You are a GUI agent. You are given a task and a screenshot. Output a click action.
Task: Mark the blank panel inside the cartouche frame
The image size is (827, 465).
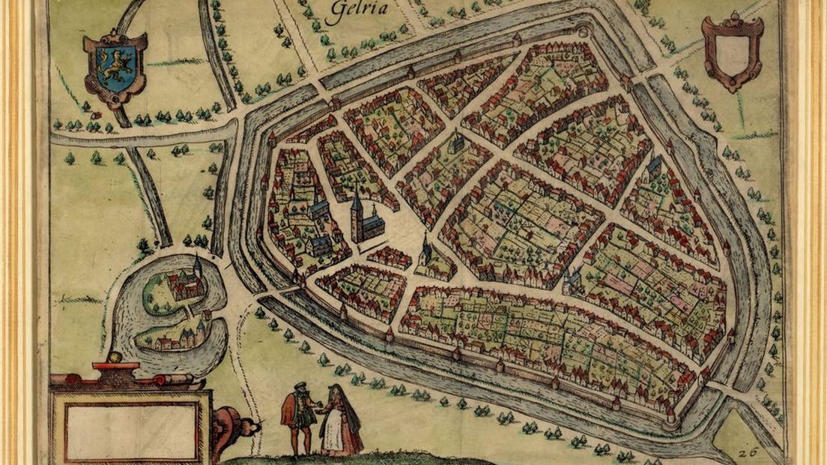pyautogui.click(x=130, y=428)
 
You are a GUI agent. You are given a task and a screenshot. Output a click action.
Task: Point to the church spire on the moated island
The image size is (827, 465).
pyautogui.click(x=197, y=265)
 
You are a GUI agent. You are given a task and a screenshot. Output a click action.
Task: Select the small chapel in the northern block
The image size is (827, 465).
pyautogui.click(x=455, y=145)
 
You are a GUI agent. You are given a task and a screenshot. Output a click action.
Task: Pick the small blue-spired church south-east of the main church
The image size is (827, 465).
pyautogui.click(x=425, y=250)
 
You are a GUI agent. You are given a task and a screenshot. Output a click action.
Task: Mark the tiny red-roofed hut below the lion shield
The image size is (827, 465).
pyautogui.click(x=95, y=115)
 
